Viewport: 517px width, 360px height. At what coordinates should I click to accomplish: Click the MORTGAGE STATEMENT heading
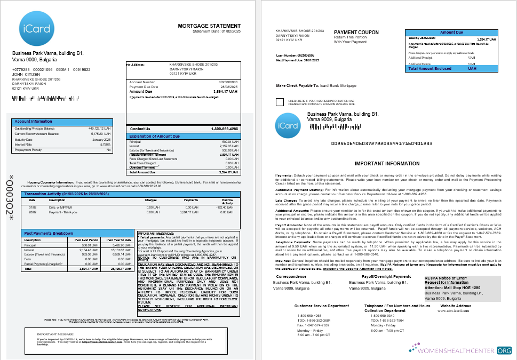tap(209, 26)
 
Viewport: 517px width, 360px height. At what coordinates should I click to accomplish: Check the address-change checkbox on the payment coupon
tap(280, 102)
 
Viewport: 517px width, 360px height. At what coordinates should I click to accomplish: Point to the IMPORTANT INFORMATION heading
tap(387, 164)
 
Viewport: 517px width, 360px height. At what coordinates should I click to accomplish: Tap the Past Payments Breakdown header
tap(49, 234)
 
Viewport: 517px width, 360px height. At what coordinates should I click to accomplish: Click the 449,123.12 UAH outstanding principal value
tap(99, 129)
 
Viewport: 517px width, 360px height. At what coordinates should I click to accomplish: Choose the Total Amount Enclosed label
tap(429, 69)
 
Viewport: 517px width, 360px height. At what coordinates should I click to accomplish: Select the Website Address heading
tap(456, 306)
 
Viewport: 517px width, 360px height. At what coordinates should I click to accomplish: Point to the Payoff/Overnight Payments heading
tap(386, 277)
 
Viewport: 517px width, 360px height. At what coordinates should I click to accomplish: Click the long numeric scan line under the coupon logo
tap(381, 143)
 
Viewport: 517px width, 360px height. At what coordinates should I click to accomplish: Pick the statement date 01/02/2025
tap(228, 31)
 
